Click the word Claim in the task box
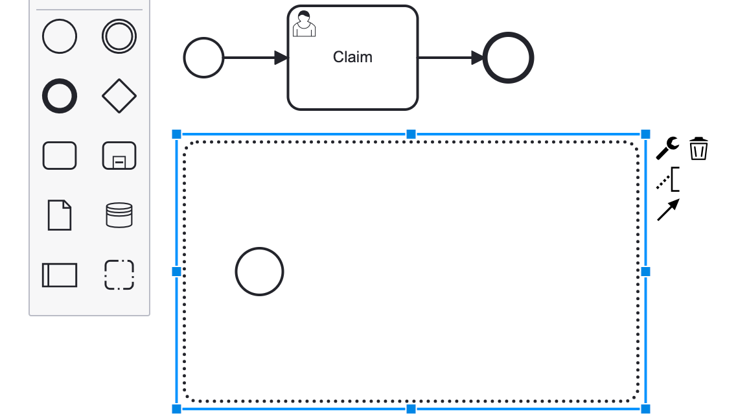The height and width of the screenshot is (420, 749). [x=352, y=57]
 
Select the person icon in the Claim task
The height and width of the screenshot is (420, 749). [x=304, y=23]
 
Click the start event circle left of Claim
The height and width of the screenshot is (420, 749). [x=203, y=58]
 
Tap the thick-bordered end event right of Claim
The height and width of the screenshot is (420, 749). [x=509, y=58]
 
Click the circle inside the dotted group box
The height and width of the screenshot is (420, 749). [x=259, y=272]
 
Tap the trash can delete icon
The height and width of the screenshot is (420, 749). [x=698, y=148]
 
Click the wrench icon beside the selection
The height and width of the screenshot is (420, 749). [x=667, y=148]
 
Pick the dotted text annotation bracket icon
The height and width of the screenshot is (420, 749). [x=668, y=180]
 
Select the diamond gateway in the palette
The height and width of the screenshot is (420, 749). [x=119, y=97]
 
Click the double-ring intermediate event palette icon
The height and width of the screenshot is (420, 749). [x=119, y=36]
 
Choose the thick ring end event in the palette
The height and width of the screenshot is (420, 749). [x=60, y=97]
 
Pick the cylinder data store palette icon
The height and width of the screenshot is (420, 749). [x=119, y=215]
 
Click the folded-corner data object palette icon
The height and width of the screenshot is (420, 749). [x=60, y=215]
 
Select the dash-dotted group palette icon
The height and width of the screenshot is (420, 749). [x=119, y=275]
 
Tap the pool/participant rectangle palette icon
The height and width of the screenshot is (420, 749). [x=60, y=275]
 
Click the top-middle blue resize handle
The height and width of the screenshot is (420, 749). [x=411, y=134]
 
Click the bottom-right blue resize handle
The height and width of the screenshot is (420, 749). [x=645, y=409]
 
